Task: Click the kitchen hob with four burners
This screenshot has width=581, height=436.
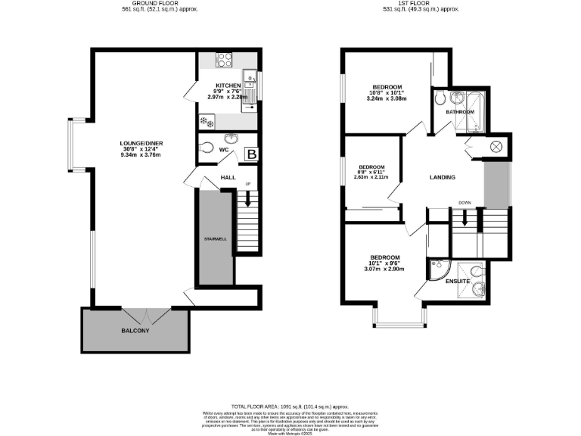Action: click(x=225, y=60)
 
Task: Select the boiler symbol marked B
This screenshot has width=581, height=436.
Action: click(x=251, y=154)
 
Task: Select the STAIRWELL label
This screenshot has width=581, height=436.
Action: click(x=215, y=239)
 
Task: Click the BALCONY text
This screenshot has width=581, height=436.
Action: click(x=135, y=331)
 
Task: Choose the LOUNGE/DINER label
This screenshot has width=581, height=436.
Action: click(x=141, y=144)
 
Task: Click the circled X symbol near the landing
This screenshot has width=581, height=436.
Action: click(x=497, y=147)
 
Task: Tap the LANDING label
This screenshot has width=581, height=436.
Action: click(x=442, y=178)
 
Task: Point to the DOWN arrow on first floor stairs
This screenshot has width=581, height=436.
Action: click(x=465, y=216)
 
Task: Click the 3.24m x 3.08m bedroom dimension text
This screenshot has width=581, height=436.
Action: click(x=386, y=99)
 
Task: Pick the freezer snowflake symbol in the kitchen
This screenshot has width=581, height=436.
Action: click(x=204, y=120)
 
